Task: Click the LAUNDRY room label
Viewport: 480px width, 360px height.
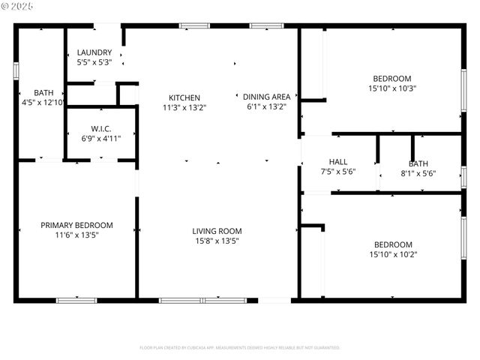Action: click(94, 52)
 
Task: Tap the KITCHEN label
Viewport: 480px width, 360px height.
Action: click(184, 97)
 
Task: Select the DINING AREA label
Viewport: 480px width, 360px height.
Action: click(267, 97)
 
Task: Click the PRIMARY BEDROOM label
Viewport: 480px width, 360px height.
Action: click(76, 225)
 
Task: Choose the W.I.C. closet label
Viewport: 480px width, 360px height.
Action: click(101, 128)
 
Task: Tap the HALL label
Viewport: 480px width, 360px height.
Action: click(338, 162)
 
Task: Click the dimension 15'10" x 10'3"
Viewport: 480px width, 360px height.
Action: click(392, 88)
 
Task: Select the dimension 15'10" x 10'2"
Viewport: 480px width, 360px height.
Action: click(393, 254)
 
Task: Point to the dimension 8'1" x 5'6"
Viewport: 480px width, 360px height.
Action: click(418, 173)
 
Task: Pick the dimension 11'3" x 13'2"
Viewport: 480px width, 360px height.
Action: click(184, 107)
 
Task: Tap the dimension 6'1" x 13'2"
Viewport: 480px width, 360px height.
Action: click(267, 106)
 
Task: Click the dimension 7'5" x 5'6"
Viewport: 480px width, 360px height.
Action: click(338, 172)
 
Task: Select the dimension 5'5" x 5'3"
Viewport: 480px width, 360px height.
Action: click(94, 62)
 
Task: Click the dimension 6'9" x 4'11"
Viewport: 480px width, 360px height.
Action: click(101, 138)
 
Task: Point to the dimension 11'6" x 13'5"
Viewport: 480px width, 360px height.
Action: click(76, 235)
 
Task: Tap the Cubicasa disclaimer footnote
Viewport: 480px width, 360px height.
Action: click(240, 348)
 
